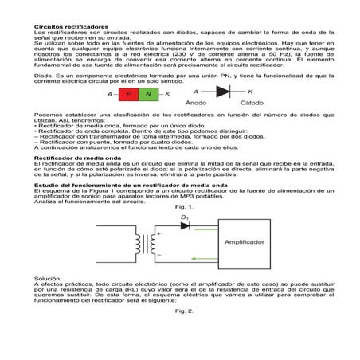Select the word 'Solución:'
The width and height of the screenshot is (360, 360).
[48, 279]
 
